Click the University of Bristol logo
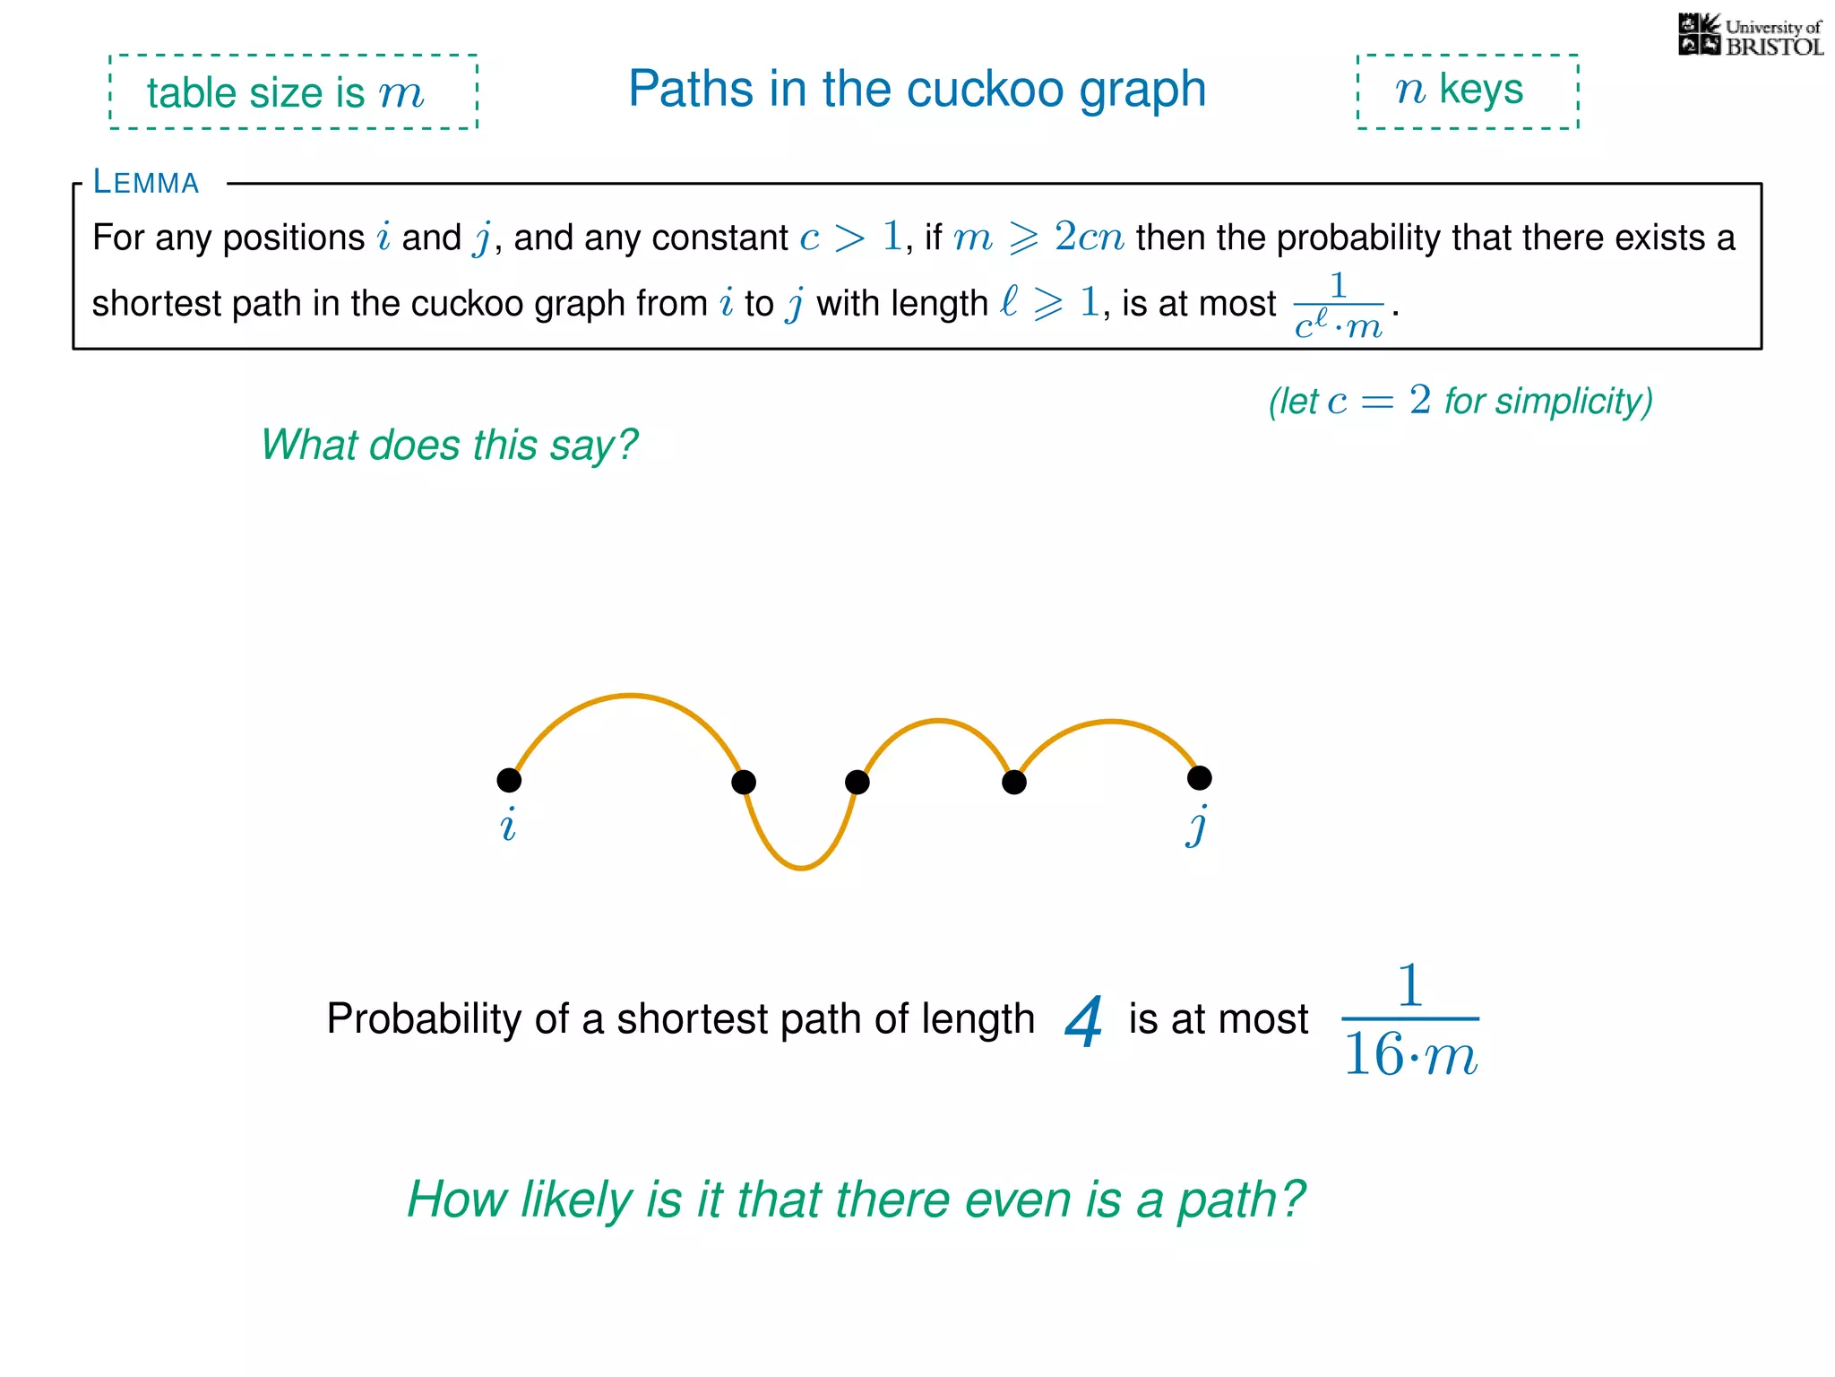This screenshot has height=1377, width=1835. tap(1750, 36)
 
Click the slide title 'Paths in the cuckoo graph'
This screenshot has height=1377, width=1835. tap(917, 90)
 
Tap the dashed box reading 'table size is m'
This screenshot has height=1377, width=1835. tap(293, 92)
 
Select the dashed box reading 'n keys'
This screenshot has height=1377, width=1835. tap(1467, 91)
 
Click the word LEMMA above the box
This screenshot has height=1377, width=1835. tap(146, 182)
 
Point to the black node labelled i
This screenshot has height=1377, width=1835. tap(509, 780)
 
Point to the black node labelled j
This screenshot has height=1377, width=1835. tap(1199, 778)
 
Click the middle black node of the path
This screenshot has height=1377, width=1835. tap(857, 782)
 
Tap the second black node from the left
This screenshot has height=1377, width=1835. tap(744, 782)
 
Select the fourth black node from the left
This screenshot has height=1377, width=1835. tap(1014, 782)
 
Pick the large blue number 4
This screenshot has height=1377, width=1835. tap(1083, 1022)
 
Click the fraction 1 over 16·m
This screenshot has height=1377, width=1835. tap(1410, 1020)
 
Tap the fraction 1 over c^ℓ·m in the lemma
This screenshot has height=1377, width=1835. tap(1339, 306)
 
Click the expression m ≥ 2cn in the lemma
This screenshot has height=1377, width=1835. tap(1038, 238)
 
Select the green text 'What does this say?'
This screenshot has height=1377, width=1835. tap(449, 446)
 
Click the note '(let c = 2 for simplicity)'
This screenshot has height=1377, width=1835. tap(1460, 401)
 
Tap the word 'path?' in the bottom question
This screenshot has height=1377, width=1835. tap(1241, 1200)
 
